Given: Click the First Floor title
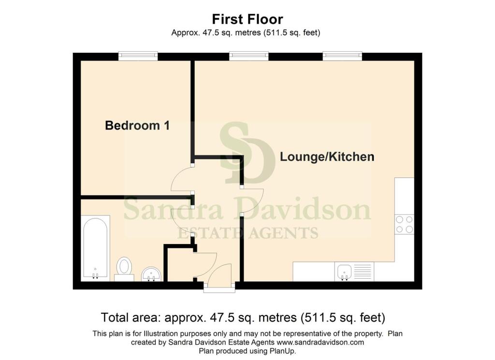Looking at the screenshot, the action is tap(247, 19).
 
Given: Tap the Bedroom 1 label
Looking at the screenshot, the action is tap(137, 126).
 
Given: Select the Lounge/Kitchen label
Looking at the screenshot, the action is tap(327, 157).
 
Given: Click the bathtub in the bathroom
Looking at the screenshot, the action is tap(95, 248).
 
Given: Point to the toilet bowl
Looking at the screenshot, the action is tap(124, 266).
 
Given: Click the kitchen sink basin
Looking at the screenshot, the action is tap(344, 272).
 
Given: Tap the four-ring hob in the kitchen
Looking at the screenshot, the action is tap(405, 224).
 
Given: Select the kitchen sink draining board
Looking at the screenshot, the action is tap(363, 272).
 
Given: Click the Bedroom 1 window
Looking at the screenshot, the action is tap(138, 56).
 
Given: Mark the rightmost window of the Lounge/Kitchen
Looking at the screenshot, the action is tap(342, 56).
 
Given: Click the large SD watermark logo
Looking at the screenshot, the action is tap(247, 153).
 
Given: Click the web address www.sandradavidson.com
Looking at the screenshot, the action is tap(320, 342).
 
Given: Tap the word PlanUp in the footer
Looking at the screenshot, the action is tap(282, 351).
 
